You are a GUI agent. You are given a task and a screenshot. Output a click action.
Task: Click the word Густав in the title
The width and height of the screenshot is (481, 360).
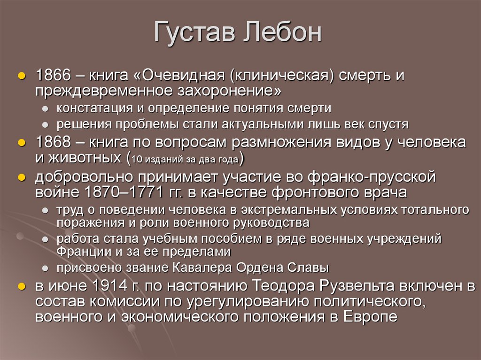click(x=193, y=35)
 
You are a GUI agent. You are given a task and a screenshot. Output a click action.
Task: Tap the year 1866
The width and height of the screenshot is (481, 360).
click(x=53, y=76)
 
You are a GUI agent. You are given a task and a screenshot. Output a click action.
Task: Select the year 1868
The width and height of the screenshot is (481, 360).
click(x=53, y=143)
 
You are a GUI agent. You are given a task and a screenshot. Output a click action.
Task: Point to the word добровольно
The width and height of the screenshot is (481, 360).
click(x=83, y=177)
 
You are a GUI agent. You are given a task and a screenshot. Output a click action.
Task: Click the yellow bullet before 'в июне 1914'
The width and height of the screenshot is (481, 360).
click(x=22, y=286)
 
